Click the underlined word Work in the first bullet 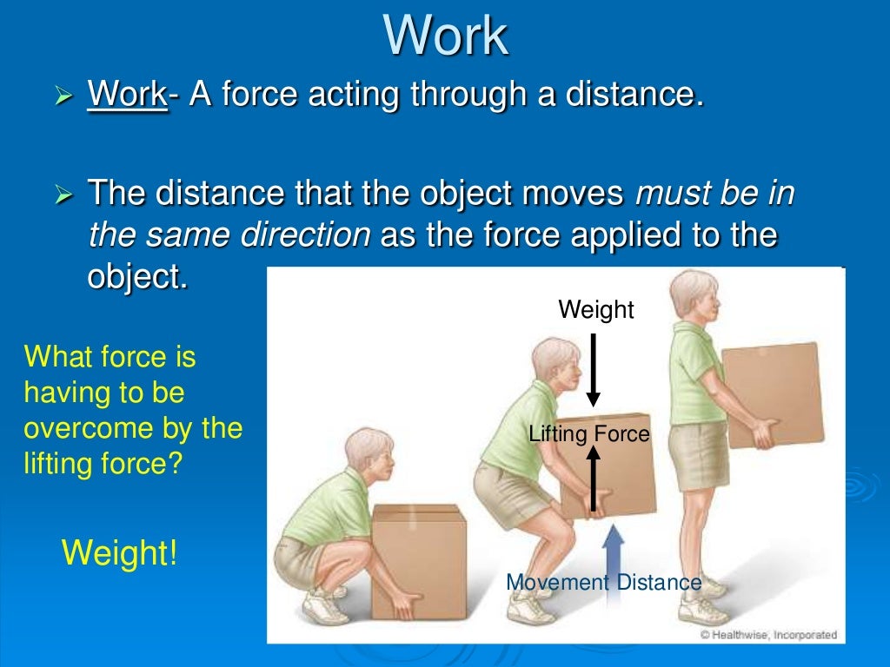click(127, 95)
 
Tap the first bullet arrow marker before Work click(60, 96)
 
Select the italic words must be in click(714, 194)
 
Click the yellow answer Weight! click(119, 552)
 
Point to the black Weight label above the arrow click(595, 309)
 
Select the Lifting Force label click(589, 433)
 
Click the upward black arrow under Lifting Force click(593, 479)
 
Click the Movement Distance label click(603, 582)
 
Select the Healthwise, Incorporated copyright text click(767, 635)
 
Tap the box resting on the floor click(418, 559)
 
